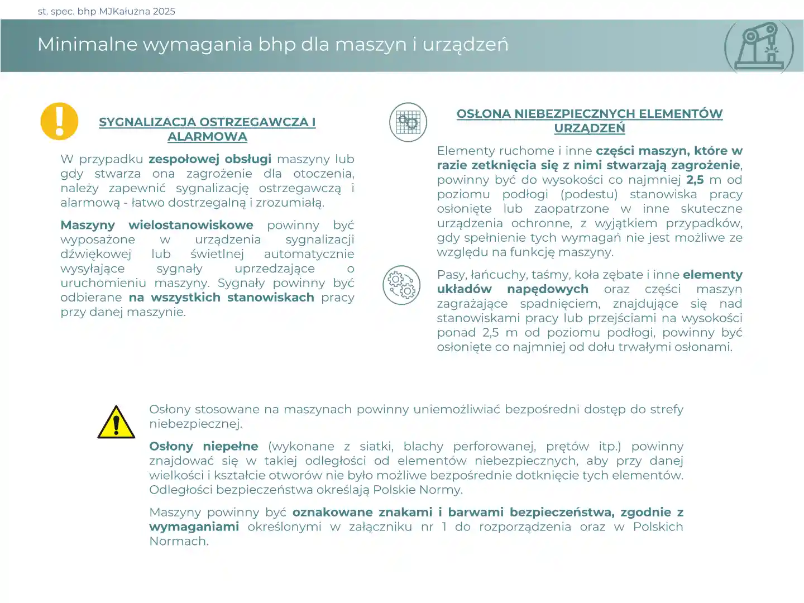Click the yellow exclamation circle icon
click(59, 121)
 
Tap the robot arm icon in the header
click(759, 47)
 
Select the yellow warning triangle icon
click(116, 422)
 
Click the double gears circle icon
click(401, 285)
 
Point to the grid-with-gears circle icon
click(408, 122)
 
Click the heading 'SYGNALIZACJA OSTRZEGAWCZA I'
click(207, 122)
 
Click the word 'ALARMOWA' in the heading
click(207, 137)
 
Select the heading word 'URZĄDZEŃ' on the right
click(590, 128)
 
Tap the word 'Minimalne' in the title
click(87, 44)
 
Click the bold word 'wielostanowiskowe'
click(191, 225)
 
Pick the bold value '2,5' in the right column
click(695, 180)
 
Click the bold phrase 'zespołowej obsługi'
click(210, 159)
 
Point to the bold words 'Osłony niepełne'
click(204, 447)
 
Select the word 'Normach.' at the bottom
click(179, 541)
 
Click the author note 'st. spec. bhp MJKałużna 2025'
click(107, 11)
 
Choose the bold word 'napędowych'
click(548, 289)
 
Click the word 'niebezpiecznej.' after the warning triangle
click(196, 424)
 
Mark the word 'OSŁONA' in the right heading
click(483, 114)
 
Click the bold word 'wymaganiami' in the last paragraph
click(194, 527)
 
